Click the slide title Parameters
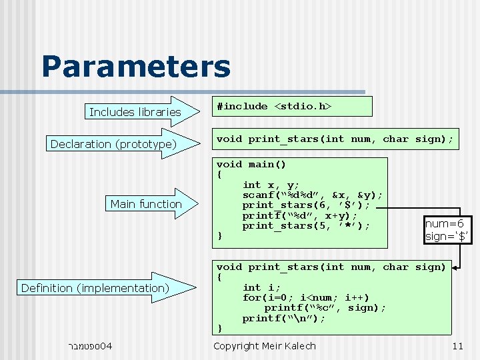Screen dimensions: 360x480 pyautogui.click(x=136, y=67)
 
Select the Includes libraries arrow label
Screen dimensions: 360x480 pyautogui.click(x=135, y=112)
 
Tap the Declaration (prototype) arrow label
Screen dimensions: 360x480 pyautogui.click(x=113, y=144)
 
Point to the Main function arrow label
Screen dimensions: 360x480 pyautogui.click(x=146, y=204)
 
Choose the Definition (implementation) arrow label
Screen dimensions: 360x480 pyautogui.click(x=95, y=288)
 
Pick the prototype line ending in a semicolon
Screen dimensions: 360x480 pyautogui.click(x=335, y=139)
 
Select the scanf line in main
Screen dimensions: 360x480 pyautogui.click(x=312, y=195)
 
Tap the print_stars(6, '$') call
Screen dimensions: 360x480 pyautogui.click(x=305, y=205)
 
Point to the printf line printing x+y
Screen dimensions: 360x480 pyautogui.click(x=299, y=215)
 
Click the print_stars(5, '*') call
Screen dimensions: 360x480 pyautogui.click(x=305, y=226)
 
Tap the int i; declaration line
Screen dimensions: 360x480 pyautogui.click(x=257, y=287)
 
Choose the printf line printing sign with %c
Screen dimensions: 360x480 pyautogui.click(x=325, y=307)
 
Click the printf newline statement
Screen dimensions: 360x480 pyautogui.click(x=284, y=318)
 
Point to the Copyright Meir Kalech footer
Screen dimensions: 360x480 pyautogui.click(x=264, y=346)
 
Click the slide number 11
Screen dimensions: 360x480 pyautogui.click(x=457, y=346)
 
